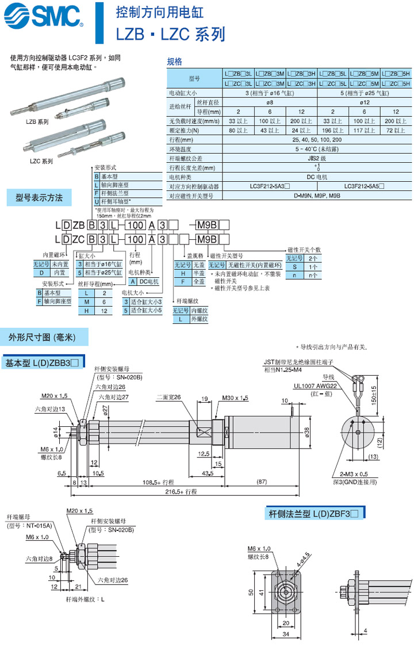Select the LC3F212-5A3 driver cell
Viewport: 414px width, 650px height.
point(269,186)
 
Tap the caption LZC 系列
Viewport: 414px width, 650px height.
point(41,162)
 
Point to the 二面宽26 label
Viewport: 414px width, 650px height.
point(170,397)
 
